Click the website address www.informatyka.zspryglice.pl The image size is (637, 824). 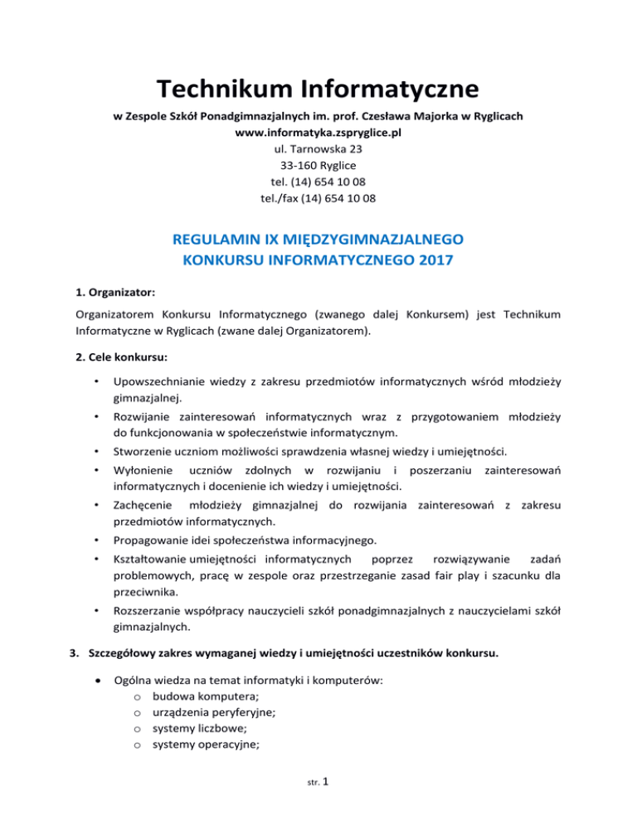[x=318, y=133]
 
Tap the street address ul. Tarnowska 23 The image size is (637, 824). [x=318, y=149]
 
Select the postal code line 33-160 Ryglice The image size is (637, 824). [x=318, y=166]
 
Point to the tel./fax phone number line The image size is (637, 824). [x=318, y=199]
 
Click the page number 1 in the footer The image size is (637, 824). [x=329, y=800]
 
